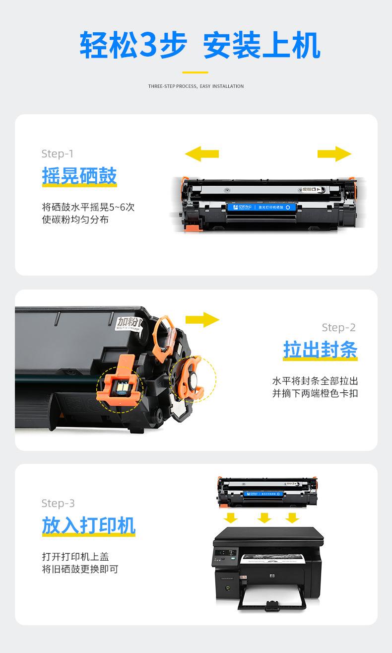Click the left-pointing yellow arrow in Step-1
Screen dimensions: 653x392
[201, 153]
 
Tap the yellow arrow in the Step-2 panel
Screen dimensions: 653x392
[202, 320]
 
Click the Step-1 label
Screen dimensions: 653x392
[58, 154]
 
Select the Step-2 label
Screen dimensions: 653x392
[338, 327]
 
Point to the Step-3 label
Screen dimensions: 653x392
[58, 503]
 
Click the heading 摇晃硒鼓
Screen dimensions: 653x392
[79, 176]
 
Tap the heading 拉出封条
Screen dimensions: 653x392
[320, 350]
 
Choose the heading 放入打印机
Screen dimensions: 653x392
[88, 525]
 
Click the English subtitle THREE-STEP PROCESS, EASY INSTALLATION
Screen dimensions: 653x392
[196, 86]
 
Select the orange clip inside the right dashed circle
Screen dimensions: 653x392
[191, 380]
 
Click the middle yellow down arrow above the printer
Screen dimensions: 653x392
[264, 517]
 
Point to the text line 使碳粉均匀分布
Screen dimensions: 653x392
[75, 219]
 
